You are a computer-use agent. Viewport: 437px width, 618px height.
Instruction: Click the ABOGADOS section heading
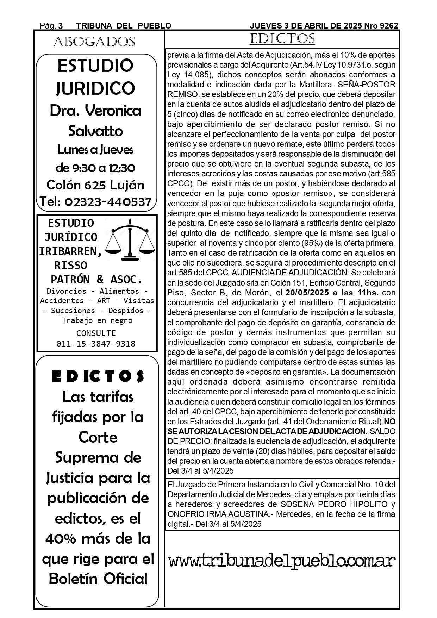click(94, 42)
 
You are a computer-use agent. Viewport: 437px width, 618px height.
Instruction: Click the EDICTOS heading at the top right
click(282, 39)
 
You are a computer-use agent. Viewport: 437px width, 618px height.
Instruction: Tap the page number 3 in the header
click(61, 26)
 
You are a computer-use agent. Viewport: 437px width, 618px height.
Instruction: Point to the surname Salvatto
click(95, 131)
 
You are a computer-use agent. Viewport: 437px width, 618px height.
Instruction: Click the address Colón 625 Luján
click(95, 185)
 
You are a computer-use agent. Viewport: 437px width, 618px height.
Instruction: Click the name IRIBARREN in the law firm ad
click(70, 251)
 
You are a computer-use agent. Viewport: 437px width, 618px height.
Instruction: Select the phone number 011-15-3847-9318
click(96, 344)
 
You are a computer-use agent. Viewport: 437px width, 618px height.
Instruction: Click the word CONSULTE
click(96, 333)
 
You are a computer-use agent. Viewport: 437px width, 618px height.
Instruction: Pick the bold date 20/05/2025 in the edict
click(307, 293)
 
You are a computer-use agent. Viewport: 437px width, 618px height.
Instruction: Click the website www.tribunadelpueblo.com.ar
click(282, 561)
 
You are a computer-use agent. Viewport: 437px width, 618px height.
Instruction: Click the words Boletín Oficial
click(98, 579)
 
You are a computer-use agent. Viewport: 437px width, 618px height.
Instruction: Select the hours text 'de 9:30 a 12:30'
click(95, 168)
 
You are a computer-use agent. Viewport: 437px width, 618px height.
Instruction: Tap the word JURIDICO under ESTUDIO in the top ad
click(95, 88)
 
